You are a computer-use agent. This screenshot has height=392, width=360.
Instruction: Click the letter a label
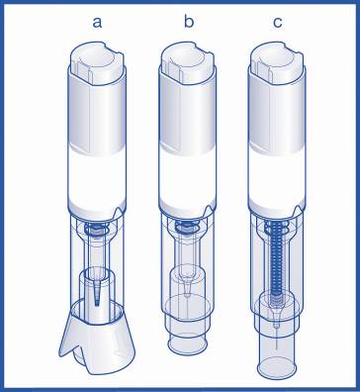(x=97, y=23)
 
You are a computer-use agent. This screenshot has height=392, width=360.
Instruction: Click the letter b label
(x=189, y=21)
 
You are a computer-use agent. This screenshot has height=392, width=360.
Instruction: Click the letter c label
(x=278, y=23)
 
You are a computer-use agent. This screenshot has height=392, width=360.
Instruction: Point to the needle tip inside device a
(x=98, y=303)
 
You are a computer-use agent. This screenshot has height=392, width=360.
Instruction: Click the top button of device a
(x=98, y=62)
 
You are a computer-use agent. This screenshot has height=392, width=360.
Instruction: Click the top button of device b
(x=187, y=62)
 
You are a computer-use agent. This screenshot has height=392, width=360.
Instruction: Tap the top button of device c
(x=277, y=62)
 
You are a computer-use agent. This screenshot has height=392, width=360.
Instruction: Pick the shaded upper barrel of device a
(x=97, y=116)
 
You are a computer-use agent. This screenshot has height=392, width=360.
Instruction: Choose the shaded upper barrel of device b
(x=187, y=116)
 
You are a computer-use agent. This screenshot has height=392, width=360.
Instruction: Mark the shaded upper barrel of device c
(x=277, y=116)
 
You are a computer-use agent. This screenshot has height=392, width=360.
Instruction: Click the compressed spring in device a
(x=97, y=229)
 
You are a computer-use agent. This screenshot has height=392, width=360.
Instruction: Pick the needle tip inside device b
(x=187, y=292)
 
